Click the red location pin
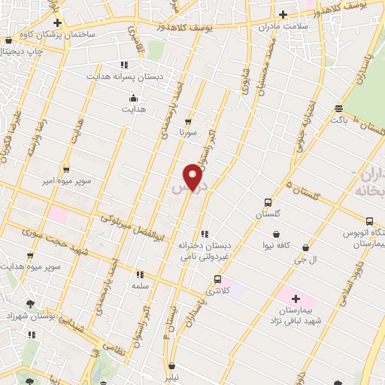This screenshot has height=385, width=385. pos(193,176)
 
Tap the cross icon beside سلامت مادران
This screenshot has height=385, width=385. pos(283,14)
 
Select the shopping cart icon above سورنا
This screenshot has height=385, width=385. pos(187,120)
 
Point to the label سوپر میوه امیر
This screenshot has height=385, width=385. pos(65,181)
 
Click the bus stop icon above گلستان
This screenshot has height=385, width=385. pos(268,202)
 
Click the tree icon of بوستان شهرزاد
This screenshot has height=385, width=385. pos(30,304)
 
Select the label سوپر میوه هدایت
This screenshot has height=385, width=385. pos(30,266)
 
